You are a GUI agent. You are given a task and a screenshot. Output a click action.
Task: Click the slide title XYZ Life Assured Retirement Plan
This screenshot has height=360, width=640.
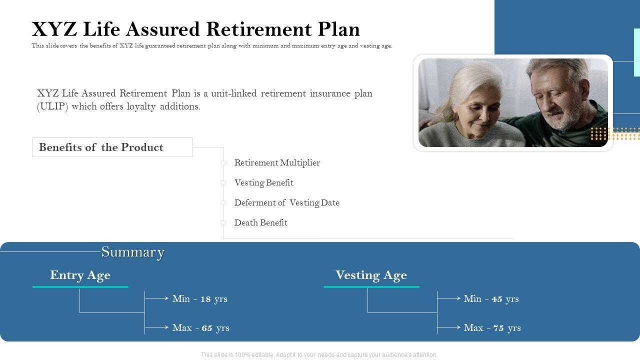tap(195, 29)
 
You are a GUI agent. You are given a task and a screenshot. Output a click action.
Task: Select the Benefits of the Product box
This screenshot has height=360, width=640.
tap(112, 147)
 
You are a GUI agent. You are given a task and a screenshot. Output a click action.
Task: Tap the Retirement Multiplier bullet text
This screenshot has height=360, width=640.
tap(277, 163)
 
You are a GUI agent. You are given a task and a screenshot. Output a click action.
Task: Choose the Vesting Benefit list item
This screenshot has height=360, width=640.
tap(263, 183)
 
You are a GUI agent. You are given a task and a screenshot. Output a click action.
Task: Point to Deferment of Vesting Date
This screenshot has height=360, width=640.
tap(287, 203)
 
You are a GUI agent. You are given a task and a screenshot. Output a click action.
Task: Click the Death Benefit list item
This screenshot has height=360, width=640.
tap(261, 222)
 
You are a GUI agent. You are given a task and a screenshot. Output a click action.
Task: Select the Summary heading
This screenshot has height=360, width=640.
tap(133, 252)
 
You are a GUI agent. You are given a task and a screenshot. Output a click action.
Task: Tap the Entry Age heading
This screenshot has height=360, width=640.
tap(80, 275)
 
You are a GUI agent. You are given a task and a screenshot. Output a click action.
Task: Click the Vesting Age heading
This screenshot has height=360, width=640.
tap(371, 275)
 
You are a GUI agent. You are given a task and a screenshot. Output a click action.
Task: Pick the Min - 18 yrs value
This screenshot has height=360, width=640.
tap(199, 299)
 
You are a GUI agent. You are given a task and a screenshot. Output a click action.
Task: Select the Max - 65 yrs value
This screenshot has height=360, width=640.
tap(201, 327)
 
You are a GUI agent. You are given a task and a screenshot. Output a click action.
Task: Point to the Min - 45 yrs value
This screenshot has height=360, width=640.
tap(491, 299)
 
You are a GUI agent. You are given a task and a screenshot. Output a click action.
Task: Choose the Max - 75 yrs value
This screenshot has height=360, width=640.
tap(492, 327)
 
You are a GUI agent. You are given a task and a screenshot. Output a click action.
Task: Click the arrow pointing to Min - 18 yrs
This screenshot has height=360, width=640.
tap(156, 298)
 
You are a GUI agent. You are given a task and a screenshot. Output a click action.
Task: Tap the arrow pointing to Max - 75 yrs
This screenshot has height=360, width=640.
tap(449, 327)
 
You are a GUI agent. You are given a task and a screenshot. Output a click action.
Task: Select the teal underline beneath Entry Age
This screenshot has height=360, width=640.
tap(80, 286)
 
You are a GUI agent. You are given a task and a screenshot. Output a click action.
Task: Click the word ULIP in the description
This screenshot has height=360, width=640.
tap(52, 106)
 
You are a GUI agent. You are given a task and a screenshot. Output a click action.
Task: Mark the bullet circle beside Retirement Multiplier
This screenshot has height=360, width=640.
tap(223, 163)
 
